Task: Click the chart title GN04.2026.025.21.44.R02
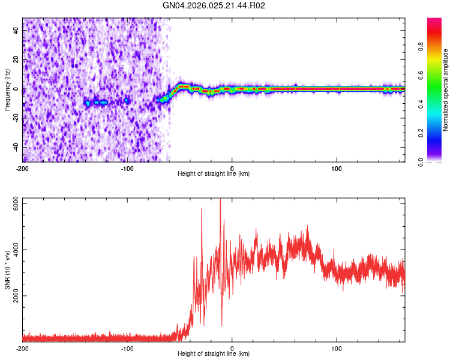click(x=214, y=5)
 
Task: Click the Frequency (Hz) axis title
click(x=7, y=89)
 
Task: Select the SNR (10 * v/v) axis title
click(x=7, y=270)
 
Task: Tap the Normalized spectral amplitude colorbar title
click(x=446, y=90)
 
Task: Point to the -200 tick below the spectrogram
click(x=23, y=167)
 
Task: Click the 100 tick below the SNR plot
click(x=337, y=348)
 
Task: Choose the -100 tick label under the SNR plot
click(x=127, y=348)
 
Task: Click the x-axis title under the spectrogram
click(x=214, y=174)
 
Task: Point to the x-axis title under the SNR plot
click(x=214, y=354)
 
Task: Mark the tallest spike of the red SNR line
click(x=220, y=200)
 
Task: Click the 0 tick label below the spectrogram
click(x=232, y=167)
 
